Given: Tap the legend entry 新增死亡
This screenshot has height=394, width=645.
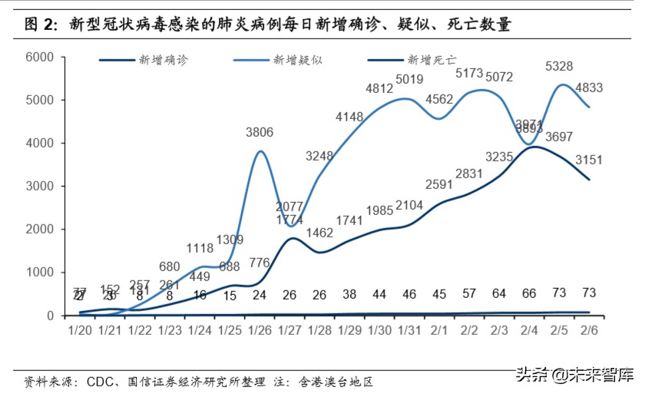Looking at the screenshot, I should tap(432, 59).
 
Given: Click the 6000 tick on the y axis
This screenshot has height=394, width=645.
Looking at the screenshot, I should tap(38, 57).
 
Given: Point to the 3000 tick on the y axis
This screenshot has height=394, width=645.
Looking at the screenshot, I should tap(38, 187).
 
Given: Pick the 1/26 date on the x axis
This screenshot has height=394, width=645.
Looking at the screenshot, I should tap(260, 331).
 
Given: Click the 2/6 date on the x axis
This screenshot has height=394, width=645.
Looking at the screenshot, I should tap(590, 331).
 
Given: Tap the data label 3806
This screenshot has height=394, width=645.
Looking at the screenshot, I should tap(260, 132).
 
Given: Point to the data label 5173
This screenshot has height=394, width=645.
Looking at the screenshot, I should tap(469, 74).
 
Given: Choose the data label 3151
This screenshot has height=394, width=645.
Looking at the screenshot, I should tap(590, 160).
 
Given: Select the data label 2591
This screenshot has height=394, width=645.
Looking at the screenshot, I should tap(440, 184).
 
